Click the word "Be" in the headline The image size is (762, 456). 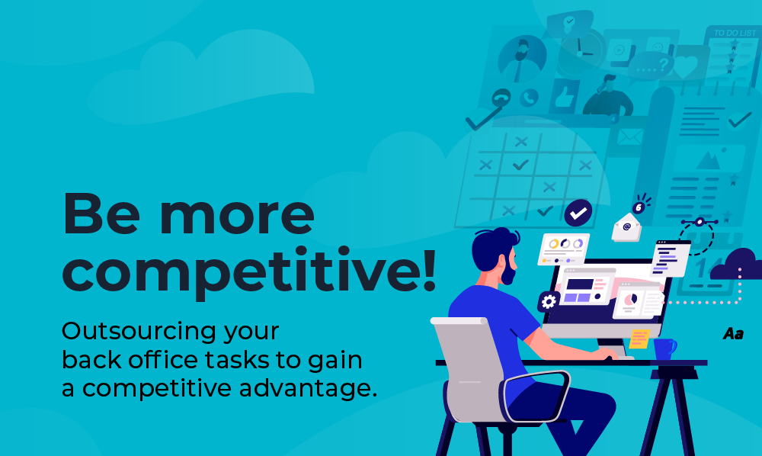[x=101, y=214]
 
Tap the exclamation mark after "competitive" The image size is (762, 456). [x=428, y=269]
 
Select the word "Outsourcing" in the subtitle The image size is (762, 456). [x=139, y=332]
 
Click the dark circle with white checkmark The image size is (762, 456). [x=578, y=213]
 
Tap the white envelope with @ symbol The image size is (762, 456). [x=626, y=227]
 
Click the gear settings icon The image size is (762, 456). [x=548, y=302]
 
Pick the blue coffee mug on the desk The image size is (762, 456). [x=664, y=348]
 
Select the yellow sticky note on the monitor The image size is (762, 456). [x=639, y=339]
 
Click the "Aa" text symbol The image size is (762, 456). [x=733, y=333]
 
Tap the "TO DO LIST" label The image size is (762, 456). [x=735, y=33]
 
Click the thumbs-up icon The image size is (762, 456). [x=565, y=97]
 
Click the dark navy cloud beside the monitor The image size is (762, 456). [x=737, y=265]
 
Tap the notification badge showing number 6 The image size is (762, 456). [x=639, y=208]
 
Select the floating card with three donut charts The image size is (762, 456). [x=564, y=249]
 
